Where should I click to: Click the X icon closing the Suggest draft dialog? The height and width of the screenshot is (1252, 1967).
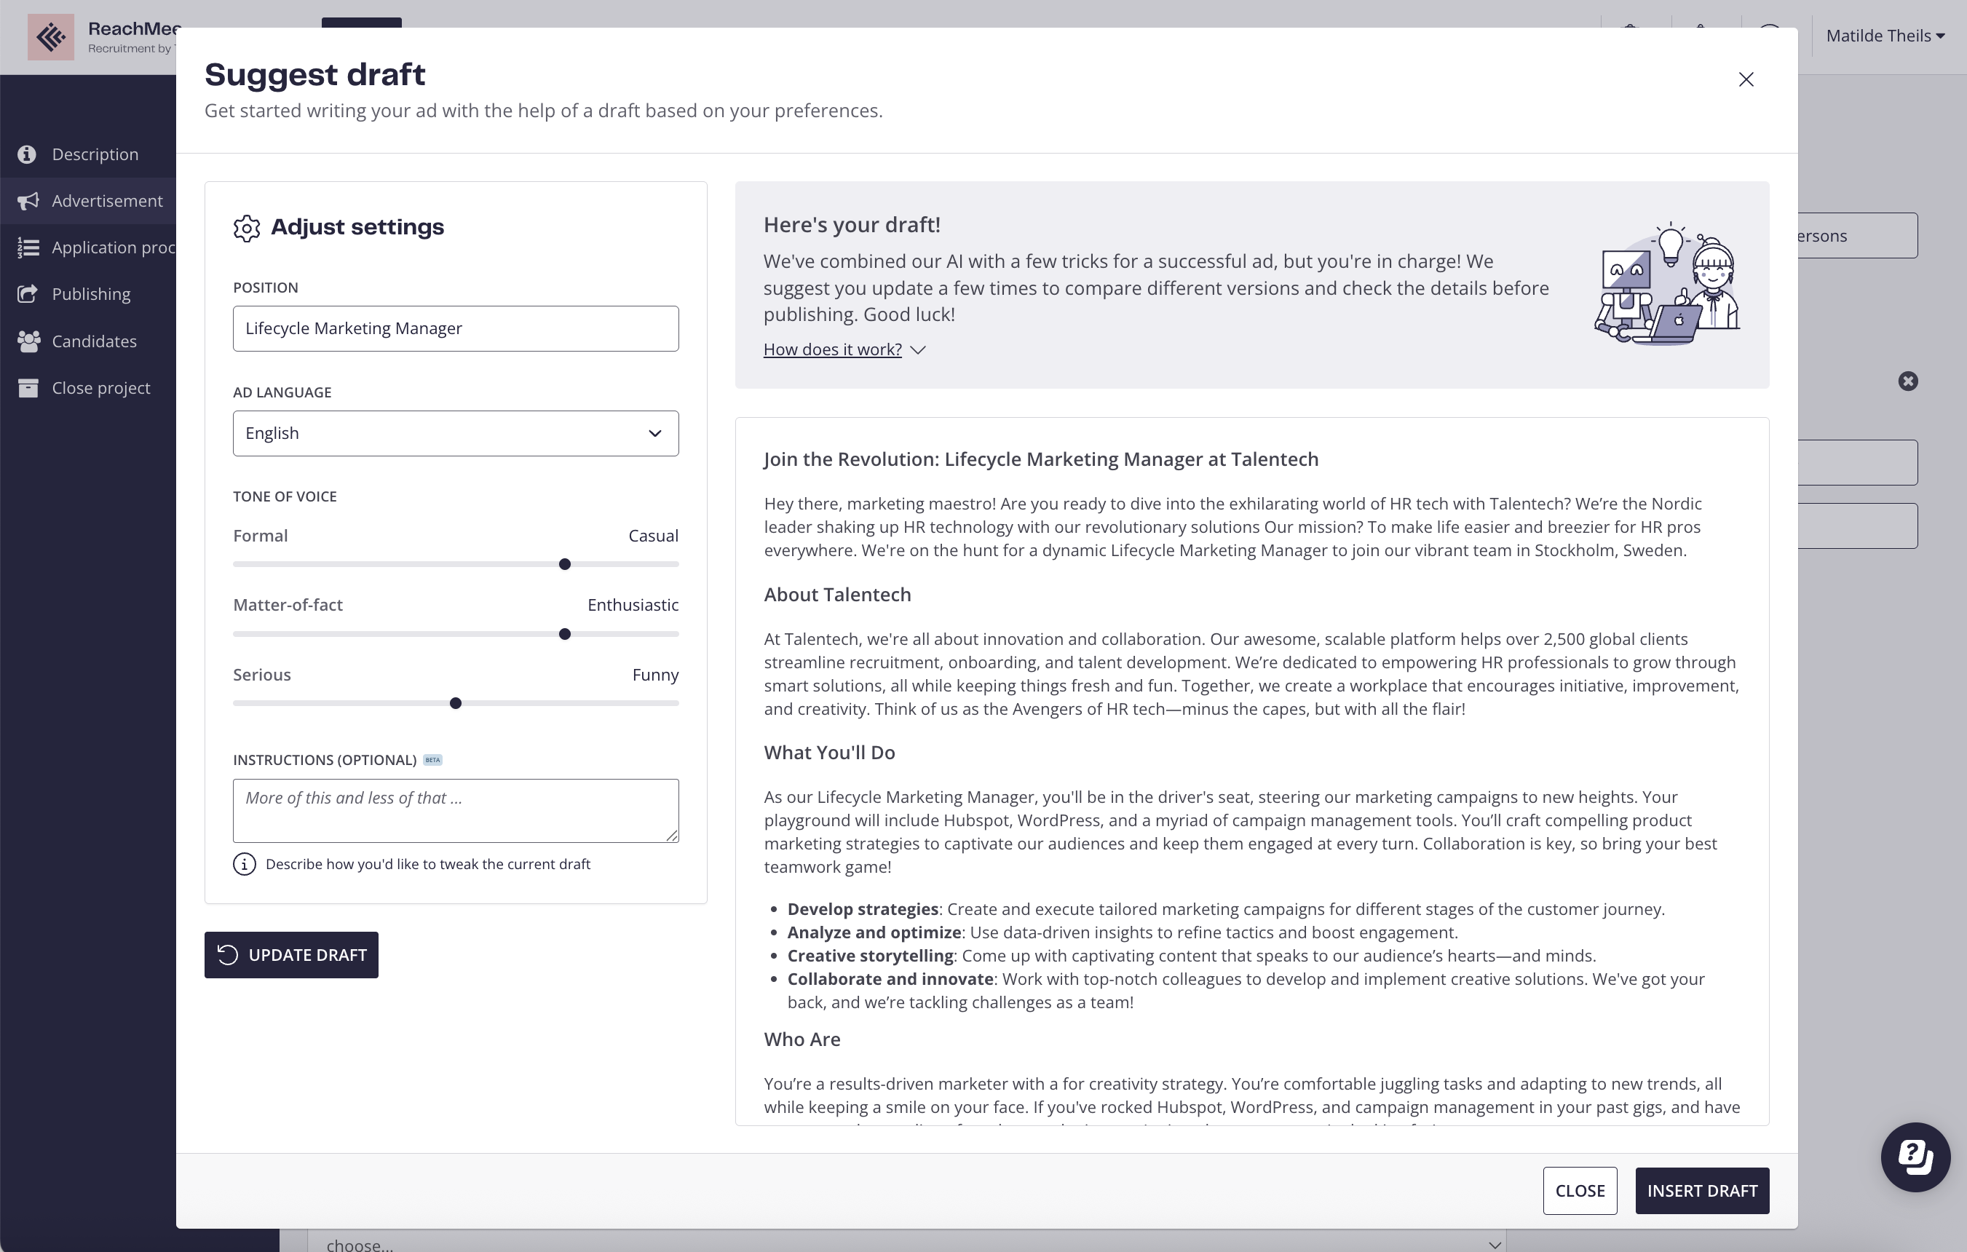coord(1746,79)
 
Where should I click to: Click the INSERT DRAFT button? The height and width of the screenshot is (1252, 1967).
coord(1701,1191)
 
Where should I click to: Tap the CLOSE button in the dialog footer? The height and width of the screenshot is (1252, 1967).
coord(1579,1191)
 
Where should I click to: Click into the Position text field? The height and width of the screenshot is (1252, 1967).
coord(455,328)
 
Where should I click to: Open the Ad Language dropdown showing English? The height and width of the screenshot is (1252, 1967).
coord(455,434)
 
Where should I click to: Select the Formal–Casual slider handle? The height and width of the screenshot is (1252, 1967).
coord(564,564)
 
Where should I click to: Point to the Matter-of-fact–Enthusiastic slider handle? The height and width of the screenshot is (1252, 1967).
coord(564,635)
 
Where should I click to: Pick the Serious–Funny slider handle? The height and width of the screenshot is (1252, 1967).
coord(456,703)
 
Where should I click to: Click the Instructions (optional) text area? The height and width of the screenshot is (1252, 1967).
coord(455,810)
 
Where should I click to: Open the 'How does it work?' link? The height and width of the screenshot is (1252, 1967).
coord(832,349)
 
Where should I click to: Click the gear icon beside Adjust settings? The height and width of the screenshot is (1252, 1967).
coord(246,228)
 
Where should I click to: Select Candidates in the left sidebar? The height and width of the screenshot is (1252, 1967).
coord(94,341)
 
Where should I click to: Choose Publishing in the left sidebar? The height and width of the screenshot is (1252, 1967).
coord(91,294)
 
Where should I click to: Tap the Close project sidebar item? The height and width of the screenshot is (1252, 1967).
coord(100,388)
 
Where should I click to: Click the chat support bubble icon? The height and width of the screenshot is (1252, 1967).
coord(1914,1157)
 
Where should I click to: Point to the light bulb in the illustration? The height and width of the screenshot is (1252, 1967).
coord(1671,242)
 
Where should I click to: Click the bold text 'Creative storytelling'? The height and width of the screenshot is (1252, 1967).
coord(870,956)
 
